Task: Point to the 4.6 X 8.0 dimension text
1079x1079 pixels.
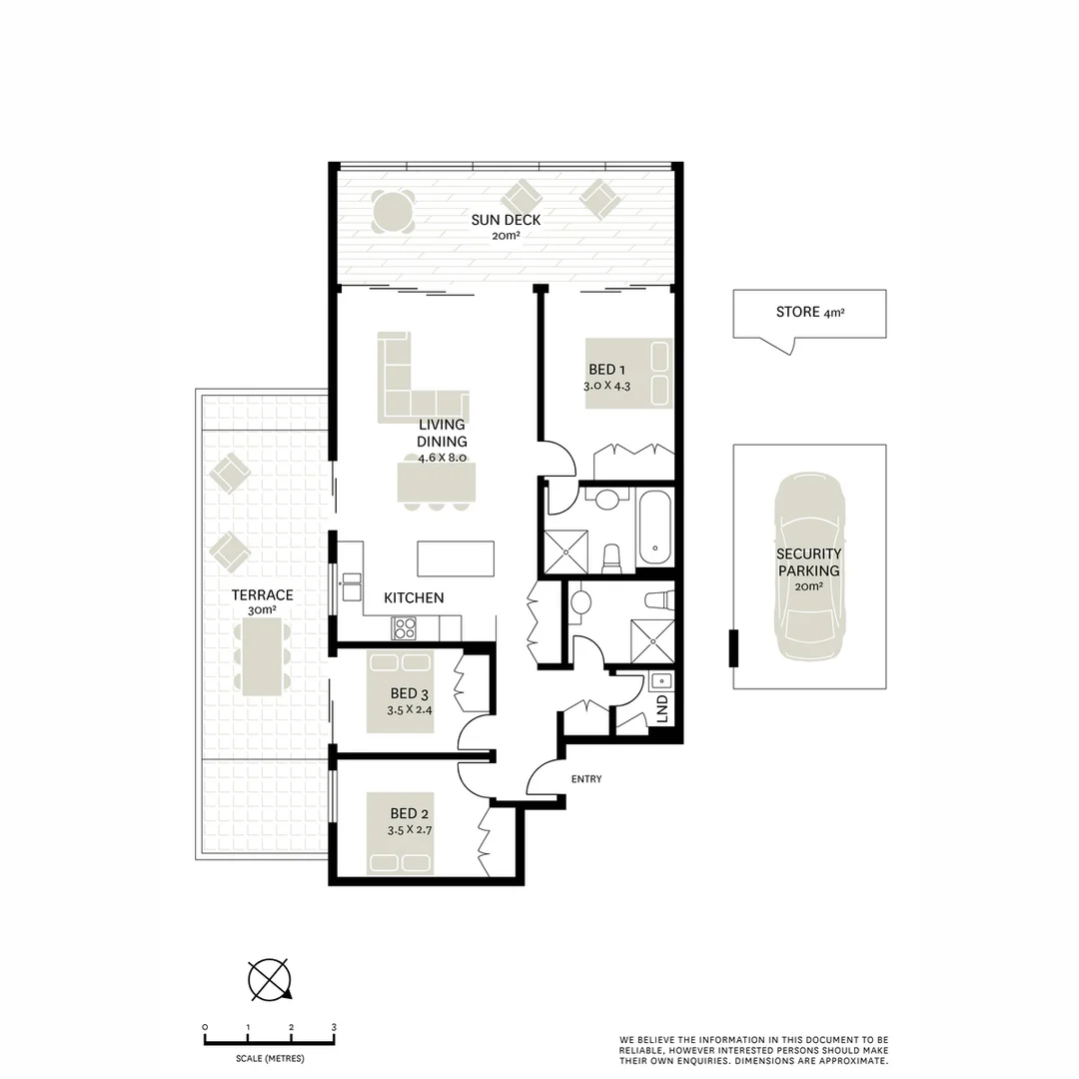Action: click(x=442, y=457)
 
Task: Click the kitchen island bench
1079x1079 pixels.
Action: click(x=456, y=557)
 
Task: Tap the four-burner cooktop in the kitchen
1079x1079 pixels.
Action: click(x=405, y=627)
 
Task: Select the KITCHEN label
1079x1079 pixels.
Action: click(x=414, y=597)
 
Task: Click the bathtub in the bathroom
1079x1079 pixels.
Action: click(x=654, y=527)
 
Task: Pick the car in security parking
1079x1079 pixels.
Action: click(x=808, y=566)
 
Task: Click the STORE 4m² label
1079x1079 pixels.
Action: click(x=809, y=313)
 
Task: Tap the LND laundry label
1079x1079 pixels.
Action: click(x=661, y=710)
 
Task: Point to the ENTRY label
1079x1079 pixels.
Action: click(x=585, y=779)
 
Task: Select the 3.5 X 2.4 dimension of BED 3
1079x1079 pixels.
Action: click(x=411, y=711)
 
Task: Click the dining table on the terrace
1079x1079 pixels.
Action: click(x=263, y=655)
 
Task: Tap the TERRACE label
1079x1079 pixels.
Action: click(x=263, y=595)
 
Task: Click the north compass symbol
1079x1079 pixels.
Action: click(x=269, y=979)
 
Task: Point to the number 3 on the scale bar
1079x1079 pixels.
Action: click(x=334, y=1027)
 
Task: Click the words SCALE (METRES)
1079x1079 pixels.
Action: click(x=270, y=1058)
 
